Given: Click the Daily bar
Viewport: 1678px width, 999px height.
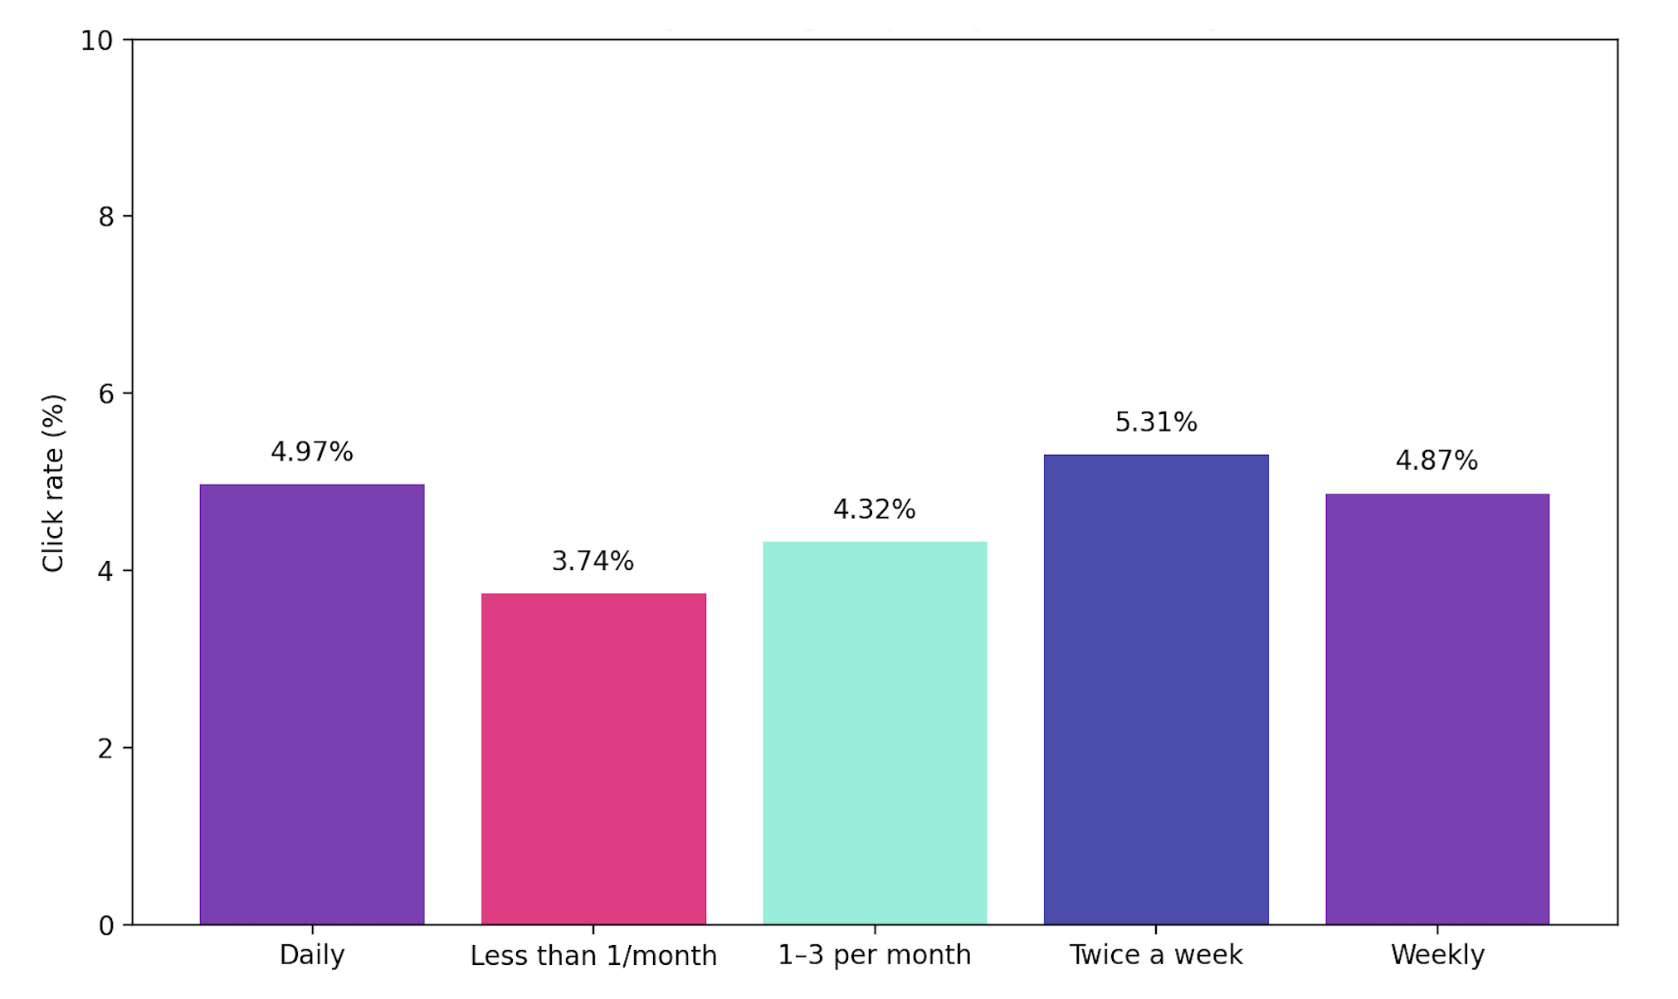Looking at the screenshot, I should pos(312,704).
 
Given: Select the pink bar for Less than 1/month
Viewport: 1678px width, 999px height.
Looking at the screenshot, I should pos(593,758).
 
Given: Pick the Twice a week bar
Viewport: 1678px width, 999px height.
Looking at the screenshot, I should pos(1156,690).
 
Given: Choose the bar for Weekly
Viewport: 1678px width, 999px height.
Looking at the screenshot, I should pos(1437,709).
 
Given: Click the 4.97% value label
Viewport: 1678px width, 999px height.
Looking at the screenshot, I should pos(312,452).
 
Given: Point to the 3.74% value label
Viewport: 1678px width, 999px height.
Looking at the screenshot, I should pos(593,562).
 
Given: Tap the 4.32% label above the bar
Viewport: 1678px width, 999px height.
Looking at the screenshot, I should pos(875,509).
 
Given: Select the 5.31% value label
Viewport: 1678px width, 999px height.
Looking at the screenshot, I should pos(1156,422).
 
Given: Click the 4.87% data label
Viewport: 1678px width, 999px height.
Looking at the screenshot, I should pos(1437,461).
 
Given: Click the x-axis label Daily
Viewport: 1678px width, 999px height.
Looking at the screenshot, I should pos(312,955).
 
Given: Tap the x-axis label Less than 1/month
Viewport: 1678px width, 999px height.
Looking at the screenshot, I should pos(593,956).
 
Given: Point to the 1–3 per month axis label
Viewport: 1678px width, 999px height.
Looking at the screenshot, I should pos(875,955).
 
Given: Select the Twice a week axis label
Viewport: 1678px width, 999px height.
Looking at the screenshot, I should pos(1156,955).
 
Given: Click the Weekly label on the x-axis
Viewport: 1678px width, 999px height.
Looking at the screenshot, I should pos(1437,955).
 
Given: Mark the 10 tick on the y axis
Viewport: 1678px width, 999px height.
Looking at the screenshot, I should pos(97,41).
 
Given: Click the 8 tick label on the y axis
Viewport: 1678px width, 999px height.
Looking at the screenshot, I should pos(105,217).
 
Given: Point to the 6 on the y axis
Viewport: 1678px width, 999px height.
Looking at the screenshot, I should pos(105,394).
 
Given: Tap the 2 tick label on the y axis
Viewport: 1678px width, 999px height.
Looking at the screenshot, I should pos(105,748).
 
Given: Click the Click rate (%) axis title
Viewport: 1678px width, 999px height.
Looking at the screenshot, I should pos(53,483).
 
